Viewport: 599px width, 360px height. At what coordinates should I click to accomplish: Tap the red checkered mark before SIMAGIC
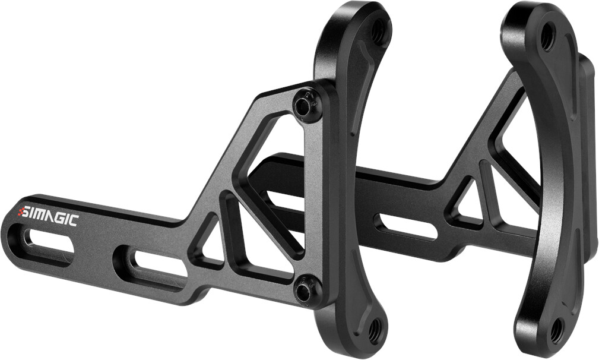[23, 210]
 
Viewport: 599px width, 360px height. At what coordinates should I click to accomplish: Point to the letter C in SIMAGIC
[73, 220]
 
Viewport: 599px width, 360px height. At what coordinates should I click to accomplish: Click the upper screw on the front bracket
[305, 105]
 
